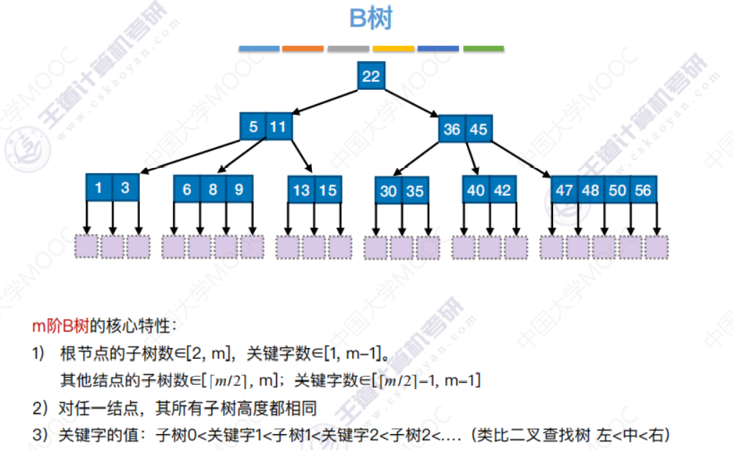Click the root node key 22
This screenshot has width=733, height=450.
point(371,76)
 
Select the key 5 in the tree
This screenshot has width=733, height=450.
point(253,127)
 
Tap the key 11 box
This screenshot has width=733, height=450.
point(278,127)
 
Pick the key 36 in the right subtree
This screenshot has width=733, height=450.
point(452,129)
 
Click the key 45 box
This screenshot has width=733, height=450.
point(478,129)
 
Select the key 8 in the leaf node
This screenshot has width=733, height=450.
point(213,189)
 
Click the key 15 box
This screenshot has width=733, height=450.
point(328,190)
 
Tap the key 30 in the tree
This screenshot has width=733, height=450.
point(388,191)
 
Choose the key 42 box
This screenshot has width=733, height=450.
point(503,190)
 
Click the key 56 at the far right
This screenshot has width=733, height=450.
point(643,190)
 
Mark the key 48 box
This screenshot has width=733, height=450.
point(591,190)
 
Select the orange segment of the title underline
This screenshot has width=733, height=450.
point(303,49)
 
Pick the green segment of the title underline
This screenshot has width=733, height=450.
point(483,49)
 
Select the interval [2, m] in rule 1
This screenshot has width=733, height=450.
point(209,353)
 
